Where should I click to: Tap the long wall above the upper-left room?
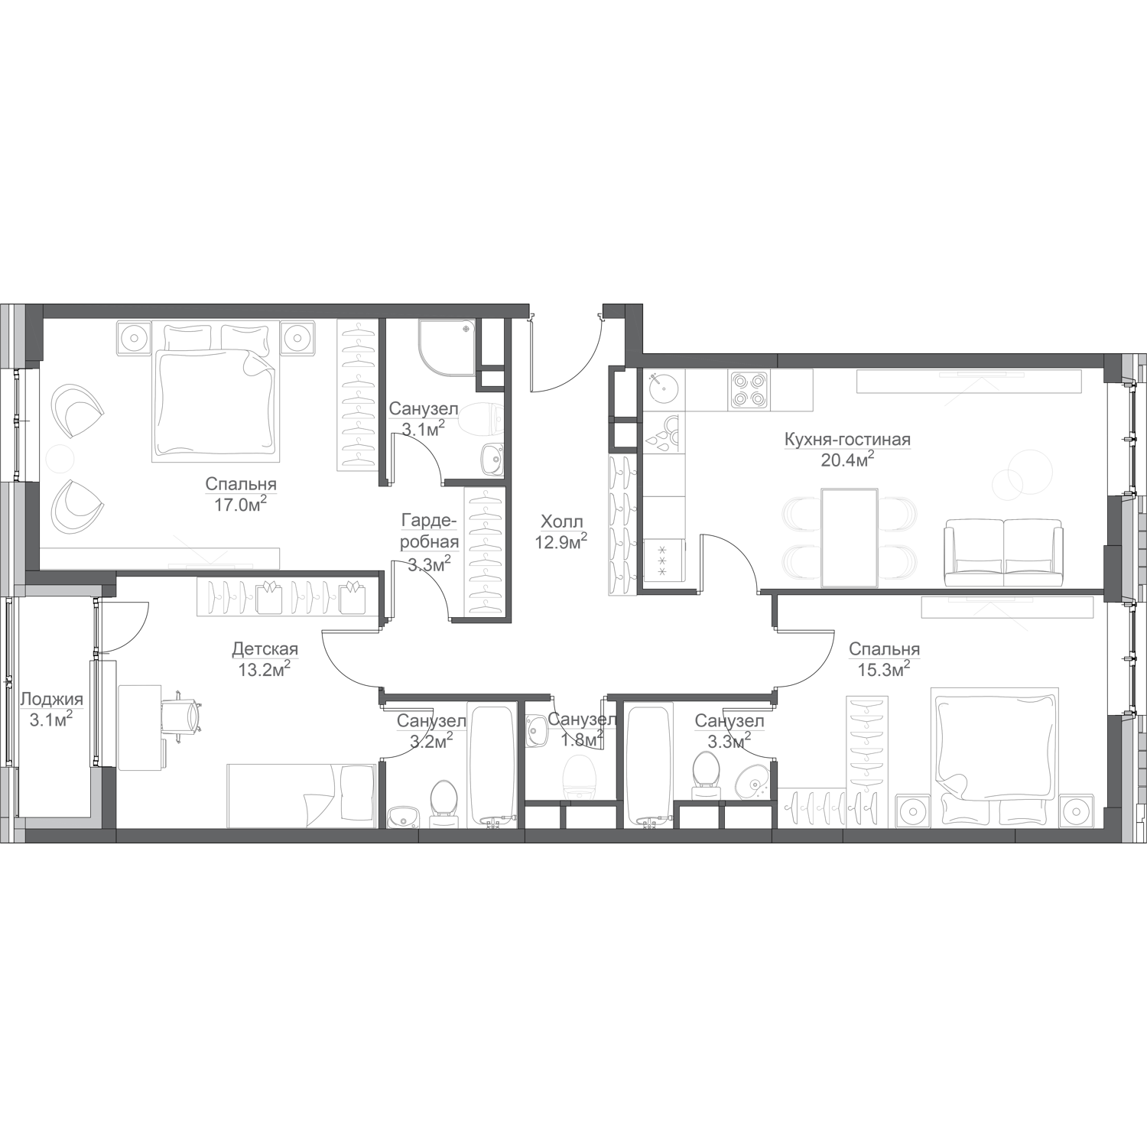tap(283, 310)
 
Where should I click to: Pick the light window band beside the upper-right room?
tap(1127, 546)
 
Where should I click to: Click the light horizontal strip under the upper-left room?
tap(65, 590)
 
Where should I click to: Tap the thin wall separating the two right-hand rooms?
tap(941, 590)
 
